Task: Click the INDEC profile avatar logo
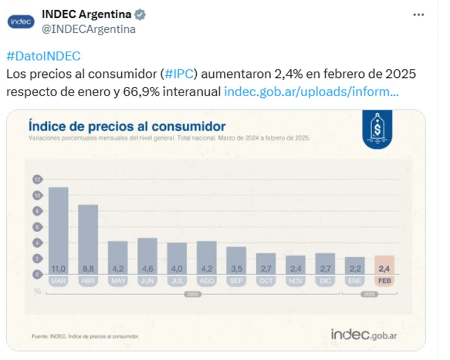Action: pyautogui.click(x=21, y=22)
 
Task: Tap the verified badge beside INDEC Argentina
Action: pyautogui.click(x=140, y=15)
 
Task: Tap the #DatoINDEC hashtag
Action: pyautogui.click(x=43, y=57)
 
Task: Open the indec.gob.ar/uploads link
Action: pyautogui.click(x=312, y=92)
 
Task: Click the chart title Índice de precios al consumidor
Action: pyautogui.click(x=127, y=126)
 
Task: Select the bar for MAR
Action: pyautogui.click(x=58, y=229)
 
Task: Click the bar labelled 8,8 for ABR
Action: pyautogui.click(x=88, y=237)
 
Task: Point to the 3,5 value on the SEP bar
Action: pyautogui.click(x=236, y=269)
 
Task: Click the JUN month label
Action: pyautogui.click(x=147, y=281)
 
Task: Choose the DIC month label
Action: pyautogui.click(x=325, y=281)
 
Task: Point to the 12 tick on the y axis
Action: pyautogui.click(x=37, y=179)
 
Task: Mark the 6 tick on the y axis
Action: pyautogui.click(x=37, y=227)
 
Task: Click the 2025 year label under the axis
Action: pyautogui.click(x=369, y=294)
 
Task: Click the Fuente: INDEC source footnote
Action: pyautogui.click(x=85, y=336)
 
